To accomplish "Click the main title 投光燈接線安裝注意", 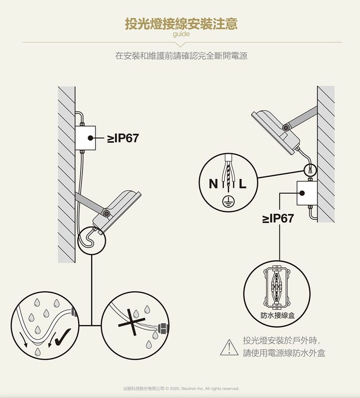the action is [x=181, y=24].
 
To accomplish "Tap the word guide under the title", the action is [x=181, y=34].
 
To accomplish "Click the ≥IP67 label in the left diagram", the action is [x=123, y=138].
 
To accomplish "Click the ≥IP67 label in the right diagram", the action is [x=278, y=218].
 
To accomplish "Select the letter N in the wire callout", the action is [x=213, y=184].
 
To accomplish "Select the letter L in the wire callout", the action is [x=243, y=184].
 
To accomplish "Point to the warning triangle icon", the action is [x=229, y=347].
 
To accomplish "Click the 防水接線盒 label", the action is [x=278, y=315].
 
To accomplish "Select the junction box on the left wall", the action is [x=85, y=138].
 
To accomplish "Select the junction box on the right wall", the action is [x=307, y=193].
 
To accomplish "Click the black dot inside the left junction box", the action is [x=90, y=138].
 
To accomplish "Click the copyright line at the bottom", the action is [x=181, y=389].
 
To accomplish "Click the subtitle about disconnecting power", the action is [x=181, y=56].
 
